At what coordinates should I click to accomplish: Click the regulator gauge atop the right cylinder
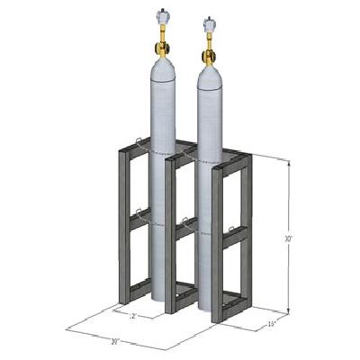click(209, 22)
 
